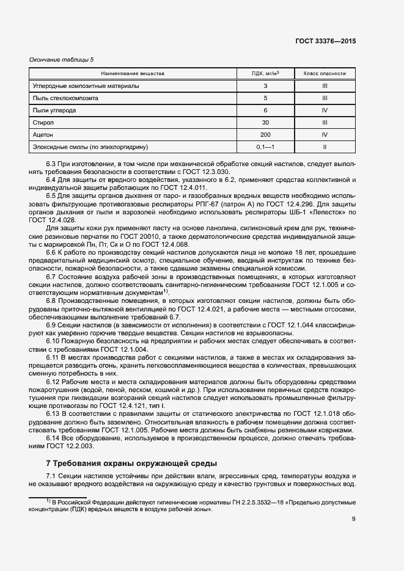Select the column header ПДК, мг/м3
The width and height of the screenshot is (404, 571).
265,73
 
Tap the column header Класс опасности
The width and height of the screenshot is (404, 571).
325,73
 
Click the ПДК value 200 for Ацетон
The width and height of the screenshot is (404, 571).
265,134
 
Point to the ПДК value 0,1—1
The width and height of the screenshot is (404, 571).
265,147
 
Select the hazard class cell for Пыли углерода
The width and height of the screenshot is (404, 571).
325,110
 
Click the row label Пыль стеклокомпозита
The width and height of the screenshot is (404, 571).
64,98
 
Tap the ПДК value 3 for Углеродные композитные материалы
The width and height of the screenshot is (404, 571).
265,85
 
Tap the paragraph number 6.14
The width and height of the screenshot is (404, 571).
54,438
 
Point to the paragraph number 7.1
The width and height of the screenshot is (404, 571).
51,476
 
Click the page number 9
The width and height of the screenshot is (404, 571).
353,519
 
